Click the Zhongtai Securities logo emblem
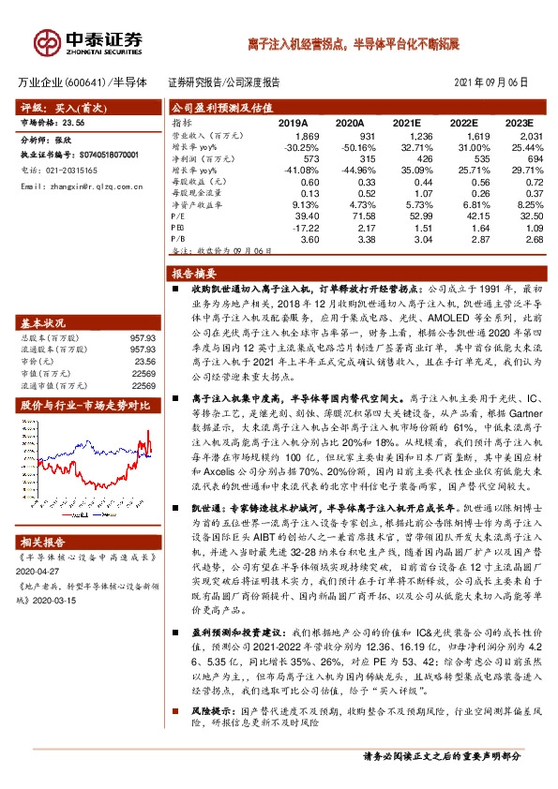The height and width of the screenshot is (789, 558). tap(47, 41)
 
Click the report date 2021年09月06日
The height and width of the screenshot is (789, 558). tap(496, 82)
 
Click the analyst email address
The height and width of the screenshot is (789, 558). tap(80, 186)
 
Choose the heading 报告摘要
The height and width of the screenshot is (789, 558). tap(190, 274)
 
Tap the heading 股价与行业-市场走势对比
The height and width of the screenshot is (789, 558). tap(84, 406)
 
